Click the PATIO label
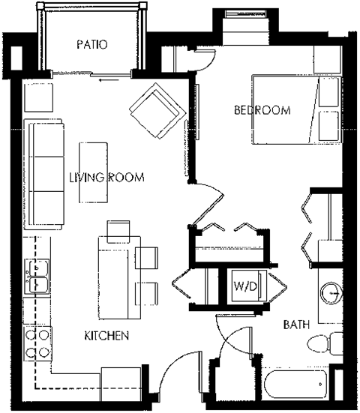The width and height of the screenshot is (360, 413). (92, 45)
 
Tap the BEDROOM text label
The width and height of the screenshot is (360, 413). (262, 111)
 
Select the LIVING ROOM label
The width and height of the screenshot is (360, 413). (106, 178)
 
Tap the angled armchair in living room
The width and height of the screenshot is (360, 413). (156, 109)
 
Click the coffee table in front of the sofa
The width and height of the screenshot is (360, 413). (94, 171)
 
